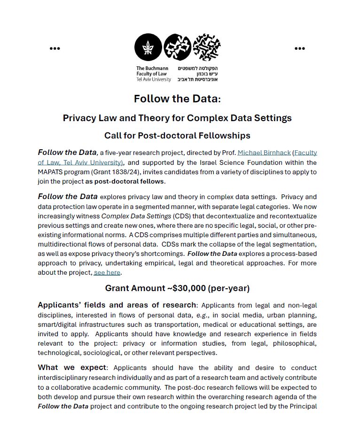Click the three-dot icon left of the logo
55,48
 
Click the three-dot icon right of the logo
300,48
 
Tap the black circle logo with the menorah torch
148,47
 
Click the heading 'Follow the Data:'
177,99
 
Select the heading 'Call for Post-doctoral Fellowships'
177,136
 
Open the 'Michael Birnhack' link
264,153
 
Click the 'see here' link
107,272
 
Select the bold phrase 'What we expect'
72,368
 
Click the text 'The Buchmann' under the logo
152,69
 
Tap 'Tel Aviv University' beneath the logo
154,79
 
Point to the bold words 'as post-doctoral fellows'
125,181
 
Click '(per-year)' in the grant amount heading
229,288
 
